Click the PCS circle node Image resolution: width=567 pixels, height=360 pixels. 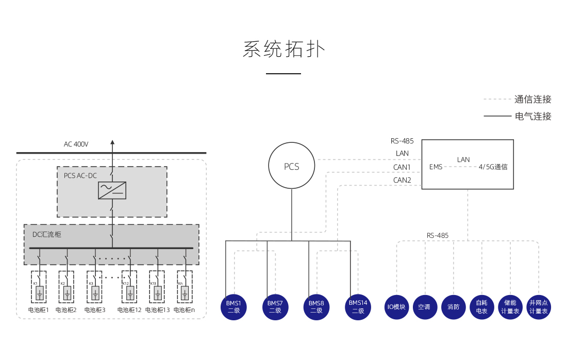pos(291,167)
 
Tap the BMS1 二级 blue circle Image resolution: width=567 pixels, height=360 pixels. pos(234,307)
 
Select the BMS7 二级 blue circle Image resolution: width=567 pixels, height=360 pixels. pos(275,307)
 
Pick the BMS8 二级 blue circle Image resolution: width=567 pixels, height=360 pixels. pos(316,307)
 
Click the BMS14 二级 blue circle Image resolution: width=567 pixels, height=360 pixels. pos(358,307)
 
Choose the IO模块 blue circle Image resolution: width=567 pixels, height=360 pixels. pos(396,307)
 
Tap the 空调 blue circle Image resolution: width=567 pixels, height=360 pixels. pos(425,307)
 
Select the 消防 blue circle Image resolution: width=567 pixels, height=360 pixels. pos(454,307)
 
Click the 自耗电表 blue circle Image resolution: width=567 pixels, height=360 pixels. pos(482,307)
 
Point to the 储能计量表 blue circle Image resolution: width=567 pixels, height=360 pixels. pos(510,307)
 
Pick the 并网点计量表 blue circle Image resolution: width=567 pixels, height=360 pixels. pos(539,307)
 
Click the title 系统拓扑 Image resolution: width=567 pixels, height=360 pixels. pos(283,50)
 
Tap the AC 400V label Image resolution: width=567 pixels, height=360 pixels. pos(76,144)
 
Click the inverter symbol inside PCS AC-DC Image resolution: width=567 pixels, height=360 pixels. pos(112,190)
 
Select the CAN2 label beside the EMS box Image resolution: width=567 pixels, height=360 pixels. pos(402,181)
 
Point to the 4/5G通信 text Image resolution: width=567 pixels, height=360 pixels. pos(493,167)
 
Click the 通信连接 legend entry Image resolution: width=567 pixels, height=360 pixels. pos(533,100)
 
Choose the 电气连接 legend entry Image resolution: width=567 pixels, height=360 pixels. pos(533,117)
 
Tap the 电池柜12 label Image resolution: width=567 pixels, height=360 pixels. pos(129,310)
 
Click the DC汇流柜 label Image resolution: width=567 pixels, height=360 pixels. pos(47,235)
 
